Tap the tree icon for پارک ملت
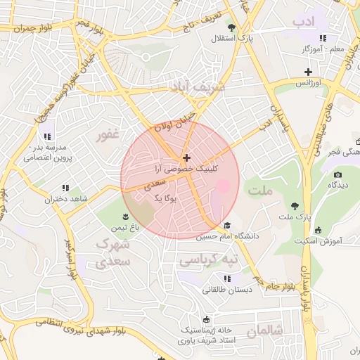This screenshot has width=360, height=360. pos(294,206)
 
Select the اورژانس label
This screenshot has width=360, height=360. pos(308,83)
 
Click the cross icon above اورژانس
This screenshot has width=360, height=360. pos(308,72)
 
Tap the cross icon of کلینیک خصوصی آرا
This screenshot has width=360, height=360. pos(186,158)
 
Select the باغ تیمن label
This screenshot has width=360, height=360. pos(125,228)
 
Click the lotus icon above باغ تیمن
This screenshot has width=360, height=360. pos(125,217)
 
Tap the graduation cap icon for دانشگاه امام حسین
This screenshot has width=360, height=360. pos(227,226)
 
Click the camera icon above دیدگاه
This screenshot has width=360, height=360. pos(337,174)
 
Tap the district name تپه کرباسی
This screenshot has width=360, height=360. pos(209,260)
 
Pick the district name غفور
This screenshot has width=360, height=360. pos(108,134)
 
